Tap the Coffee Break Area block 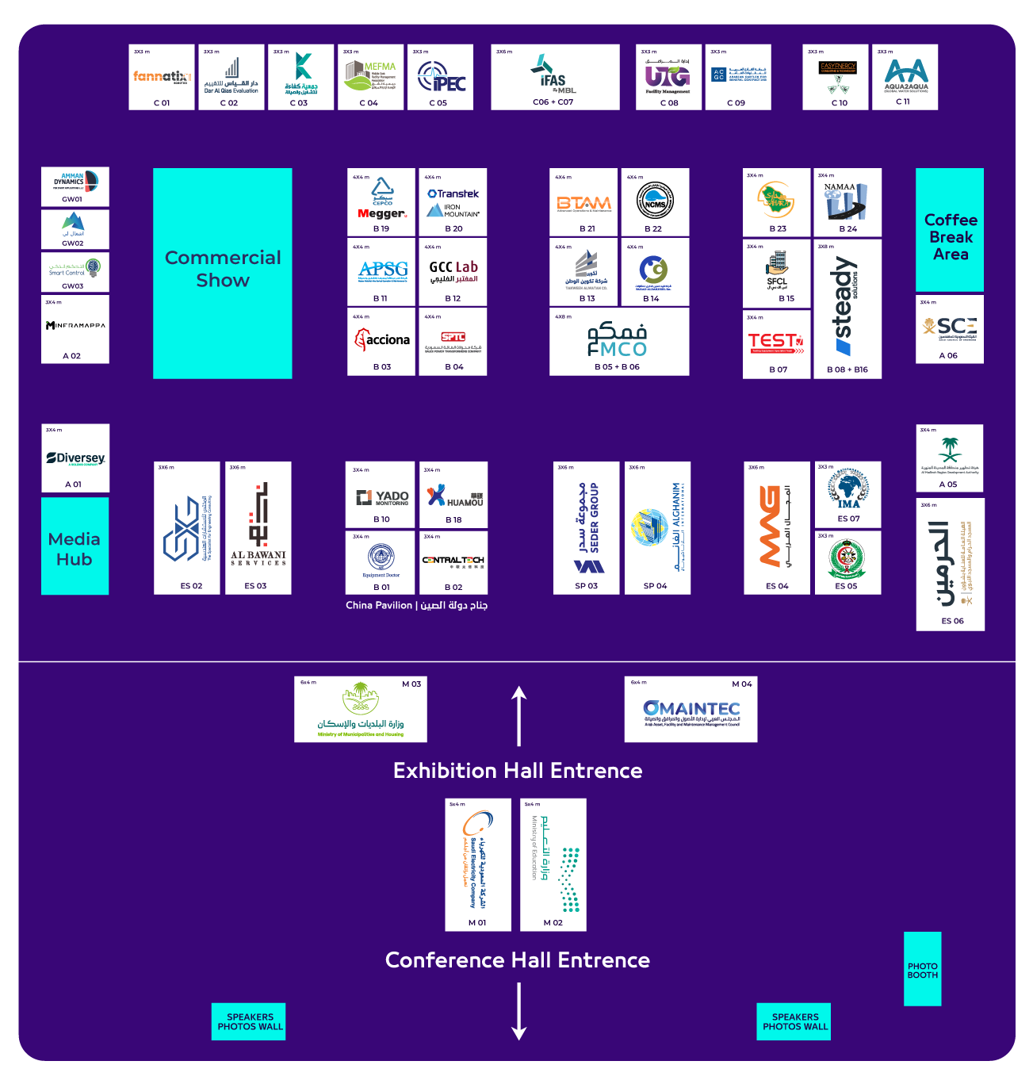(950, 230)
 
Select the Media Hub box (75, 546)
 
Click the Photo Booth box (922, 969)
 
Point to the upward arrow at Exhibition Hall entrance (519, 715)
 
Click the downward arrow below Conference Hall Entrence (519, 1011)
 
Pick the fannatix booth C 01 (162, 77)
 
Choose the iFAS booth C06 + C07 (555, 77)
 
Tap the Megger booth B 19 (381, 202)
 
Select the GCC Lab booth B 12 (453, 272)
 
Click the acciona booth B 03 (381, 341)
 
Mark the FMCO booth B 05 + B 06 (618, 341)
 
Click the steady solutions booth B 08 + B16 (847, 308)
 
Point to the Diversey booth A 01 (75, 458)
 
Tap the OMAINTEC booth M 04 (691, 710)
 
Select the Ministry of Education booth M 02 (553, 864)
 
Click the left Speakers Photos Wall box (250, 1021)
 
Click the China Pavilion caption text (416, 605)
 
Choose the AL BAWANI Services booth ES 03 (258, 527)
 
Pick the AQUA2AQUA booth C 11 (905, 77)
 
